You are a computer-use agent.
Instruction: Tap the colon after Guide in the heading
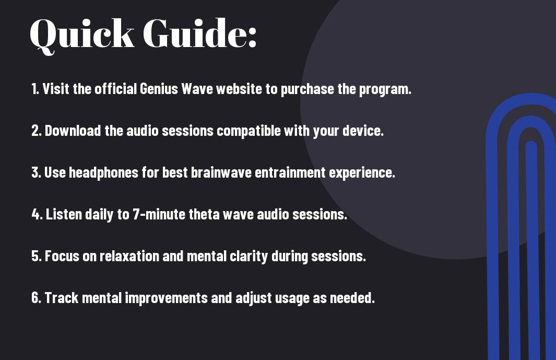point(252,37)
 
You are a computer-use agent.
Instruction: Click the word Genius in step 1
point(159,89)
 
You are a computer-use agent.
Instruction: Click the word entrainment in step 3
point(290,172)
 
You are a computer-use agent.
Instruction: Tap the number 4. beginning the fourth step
point(37,214)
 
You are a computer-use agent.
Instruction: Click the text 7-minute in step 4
point(159,214)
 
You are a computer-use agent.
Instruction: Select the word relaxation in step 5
point(129,256)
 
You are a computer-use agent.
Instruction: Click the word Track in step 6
point(62,297)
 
